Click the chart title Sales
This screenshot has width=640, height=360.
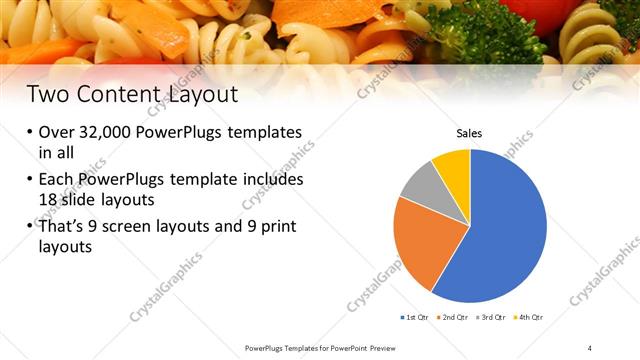pos(470,132)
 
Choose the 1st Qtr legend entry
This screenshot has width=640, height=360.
pos(414,317)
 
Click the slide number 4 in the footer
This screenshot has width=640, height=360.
pos(590,347)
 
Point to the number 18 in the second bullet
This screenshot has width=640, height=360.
pos(50,199)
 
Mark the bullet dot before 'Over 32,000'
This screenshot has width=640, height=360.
pos(30,133)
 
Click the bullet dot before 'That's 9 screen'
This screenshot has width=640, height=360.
pos(30,228)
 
